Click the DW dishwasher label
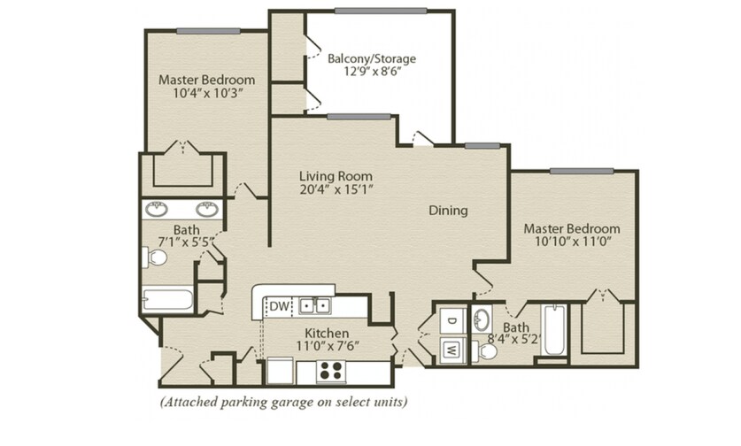[x=279, y=306]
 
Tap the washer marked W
[x=452, y=350]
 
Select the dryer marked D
[x=452, y=321]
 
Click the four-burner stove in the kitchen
[x=330, y=371]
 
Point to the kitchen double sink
[x=315, y=305]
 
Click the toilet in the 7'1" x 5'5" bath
[x=155, y=258]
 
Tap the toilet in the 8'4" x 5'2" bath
[x=484, y=351]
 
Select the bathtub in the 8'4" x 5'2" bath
[x=555, y=330]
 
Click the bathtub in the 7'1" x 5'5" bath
[x=167, y=299]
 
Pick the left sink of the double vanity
[x=157, y=209]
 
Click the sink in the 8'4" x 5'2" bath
[x=481, y=319]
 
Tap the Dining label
[x=448, y=211]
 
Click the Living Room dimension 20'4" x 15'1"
[x=336, y=190]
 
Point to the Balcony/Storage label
[x=372, y=58]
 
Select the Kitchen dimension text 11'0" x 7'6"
[x=328, y=346]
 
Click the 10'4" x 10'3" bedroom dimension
[x=207, y=93]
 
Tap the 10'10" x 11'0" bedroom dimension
[x=573, y=242]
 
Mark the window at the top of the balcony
[x=381, y=11]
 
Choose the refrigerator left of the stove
[x=279, y=371]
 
